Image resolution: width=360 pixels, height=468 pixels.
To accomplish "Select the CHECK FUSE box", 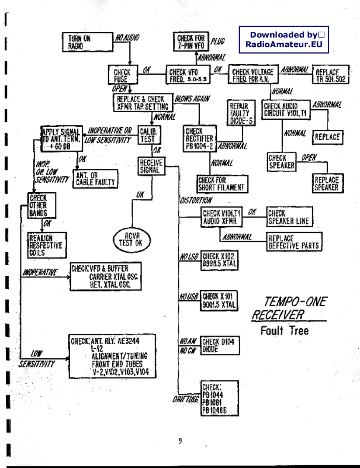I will (120, 75).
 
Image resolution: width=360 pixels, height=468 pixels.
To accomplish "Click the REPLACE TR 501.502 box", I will (330, 75).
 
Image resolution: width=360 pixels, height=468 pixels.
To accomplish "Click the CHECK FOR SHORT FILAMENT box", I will (221, 184).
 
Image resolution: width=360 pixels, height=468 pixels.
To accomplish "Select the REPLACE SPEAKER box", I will (327, 183).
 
